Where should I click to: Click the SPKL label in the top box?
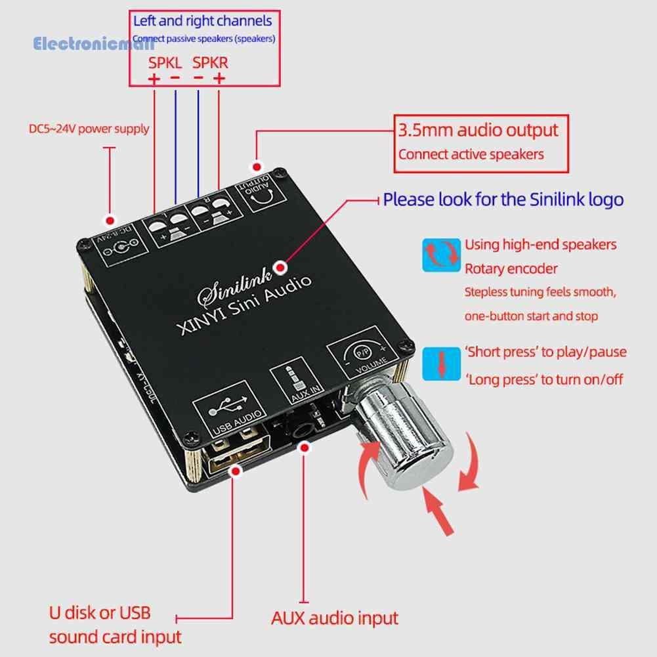pyautogui.click(x=165, y=63)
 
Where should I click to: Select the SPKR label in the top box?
pyautogui.click(x=210, y=63)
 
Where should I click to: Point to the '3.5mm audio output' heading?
pyautogui.click(x=478, y=129)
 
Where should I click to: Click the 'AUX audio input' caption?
pyautogui.click(x=335, y=618)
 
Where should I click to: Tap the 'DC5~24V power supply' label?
pyautogui.click(x=89, y=129)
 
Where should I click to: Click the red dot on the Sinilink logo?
pyautogui.click(x=282, y=266)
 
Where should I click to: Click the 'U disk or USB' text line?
pyautogui.click(x=100, y=613)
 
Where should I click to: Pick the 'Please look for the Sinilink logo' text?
pyautogui.click(x=503, y=199)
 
